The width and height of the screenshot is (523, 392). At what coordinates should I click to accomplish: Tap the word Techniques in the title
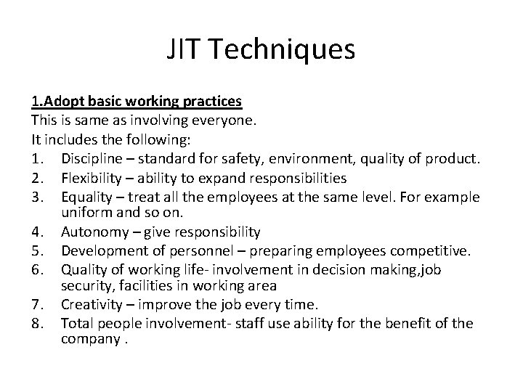pyautogui.click(x=283, y=50)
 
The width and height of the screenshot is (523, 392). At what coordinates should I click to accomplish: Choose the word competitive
pyautogui.click(x=431, y=251)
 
